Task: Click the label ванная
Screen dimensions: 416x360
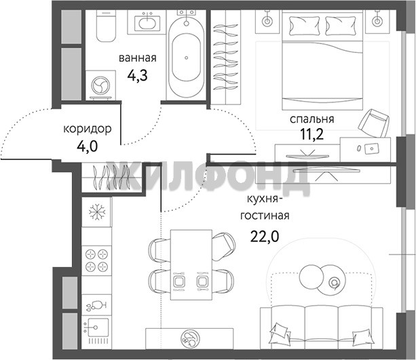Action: click(138, 58)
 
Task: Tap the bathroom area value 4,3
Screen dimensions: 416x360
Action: click(138, 76)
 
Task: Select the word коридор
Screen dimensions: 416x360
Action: click(88, 129)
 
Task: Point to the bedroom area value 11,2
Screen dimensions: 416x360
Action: click(311, 135)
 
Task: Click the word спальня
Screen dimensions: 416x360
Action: click(311, 119)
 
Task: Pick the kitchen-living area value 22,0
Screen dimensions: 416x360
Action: click(265, 237)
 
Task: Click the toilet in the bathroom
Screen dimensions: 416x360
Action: click(106, 26)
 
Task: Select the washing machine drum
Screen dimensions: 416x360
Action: click(100, 85)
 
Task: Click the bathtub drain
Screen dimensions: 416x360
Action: click(186, 58)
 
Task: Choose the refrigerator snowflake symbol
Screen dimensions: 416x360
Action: click(97, 212)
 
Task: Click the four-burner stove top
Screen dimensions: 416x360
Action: click(96, 260)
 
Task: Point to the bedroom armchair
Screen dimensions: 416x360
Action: click(373, 123)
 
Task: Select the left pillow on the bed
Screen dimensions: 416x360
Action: click(304, 26)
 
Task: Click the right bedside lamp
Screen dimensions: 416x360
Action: click(377, 21)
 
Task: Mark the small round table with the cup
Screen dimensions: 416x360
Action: click(331, 282)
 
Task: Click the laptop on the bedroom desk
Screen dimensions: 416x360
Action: click(371, 148)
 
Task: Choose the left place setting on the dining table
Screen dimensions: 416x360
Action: click(179, 281)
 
